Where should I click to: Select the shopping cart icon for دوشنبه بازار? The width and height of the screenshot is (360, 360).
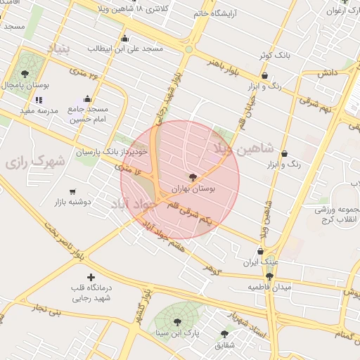click(72, 191)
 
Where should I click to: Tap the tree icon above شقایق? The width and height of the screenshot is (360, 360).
click(224, 334)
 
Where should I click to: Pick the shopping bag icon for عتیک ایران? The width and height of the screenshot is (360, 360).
click(260, 251)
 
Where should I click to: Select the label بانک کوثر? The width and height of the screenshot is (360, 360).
click(273, 54)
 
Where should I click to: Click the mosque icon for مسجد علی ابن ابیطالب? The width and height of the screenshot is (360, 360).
click(125, 39)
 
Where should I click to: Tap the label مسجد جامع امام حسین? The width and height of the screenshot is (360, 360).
click(89, 115)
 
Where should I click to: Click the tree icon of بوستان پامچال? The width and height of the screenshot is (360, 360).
click(25, 73)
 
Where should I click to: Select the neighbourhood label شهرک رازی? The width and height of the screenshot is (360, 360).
click(35, 161)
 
